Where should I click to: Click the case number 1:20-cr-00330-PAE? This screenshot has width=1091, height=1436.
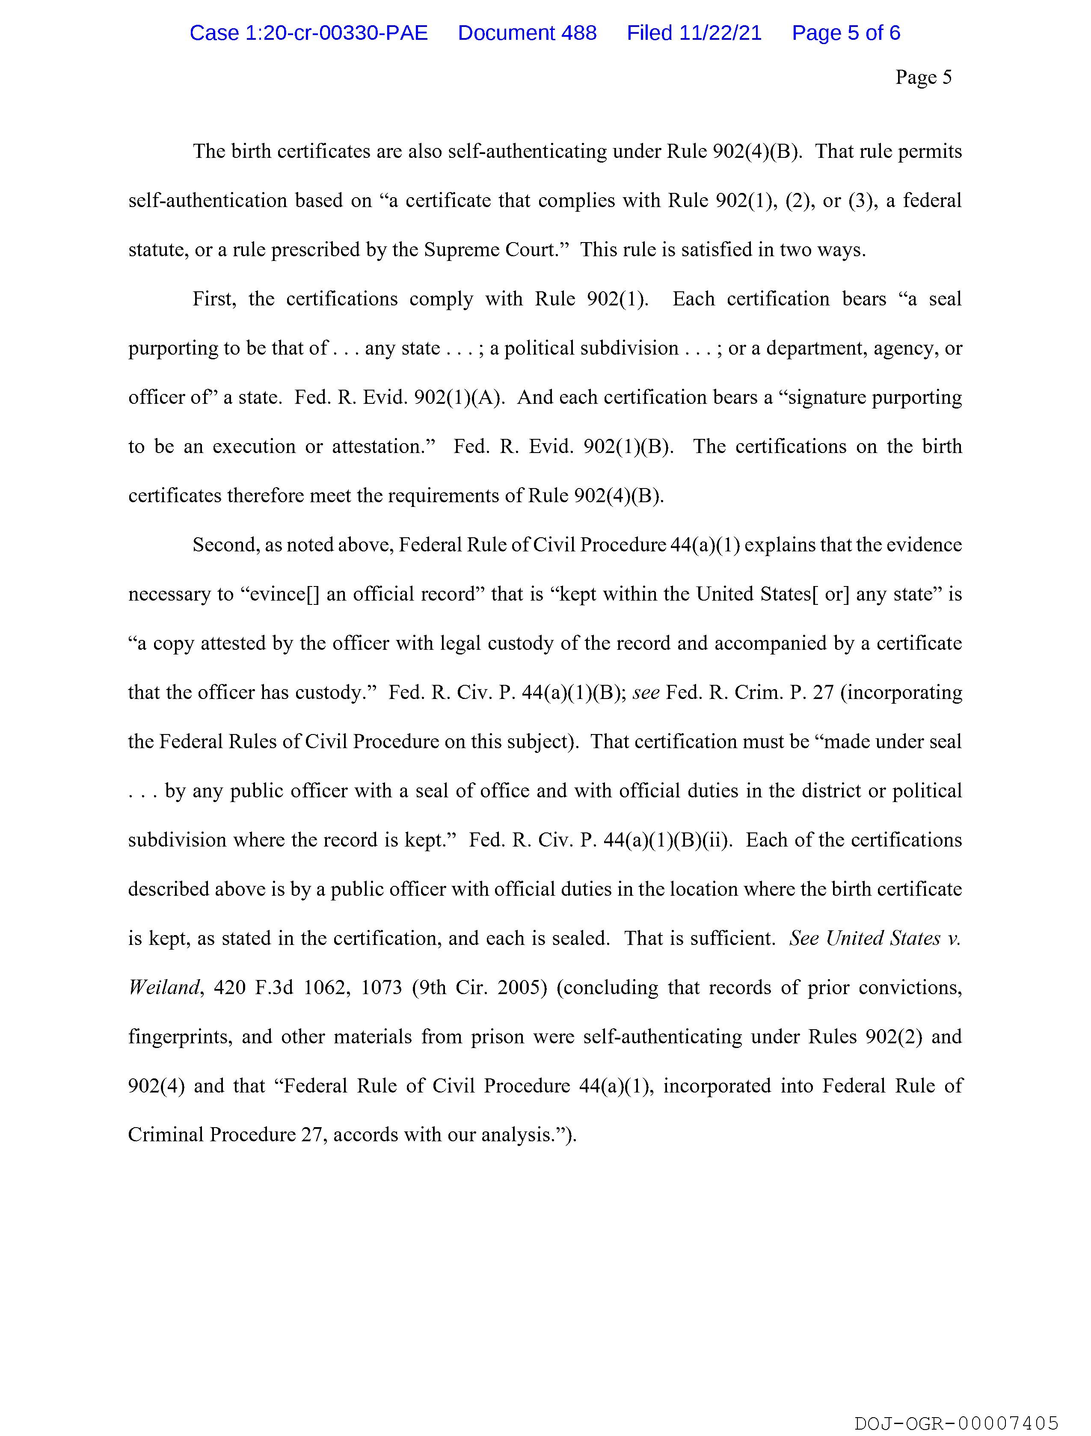pyautogui.click(x=308, y=33)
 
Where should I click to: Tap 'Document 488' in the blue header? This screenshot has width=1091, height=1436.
pyautogui.click(x=527, y=33)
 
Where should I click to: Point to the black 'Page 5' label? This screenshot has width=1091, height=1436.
pyautogui.click(x=923, y=77)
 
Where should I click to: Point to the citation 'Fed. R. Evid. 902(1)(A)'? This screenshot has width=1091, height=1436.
pyautogui.click(x=399, y=397)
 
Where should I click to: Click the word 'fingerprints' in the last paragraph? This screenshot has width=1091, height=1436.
pyautogui.click(x=179, y=1037)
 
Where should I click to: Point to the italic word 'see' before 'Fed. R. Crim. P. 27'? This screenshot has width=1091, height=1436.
pyautogui.click(x=646, y=693)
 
